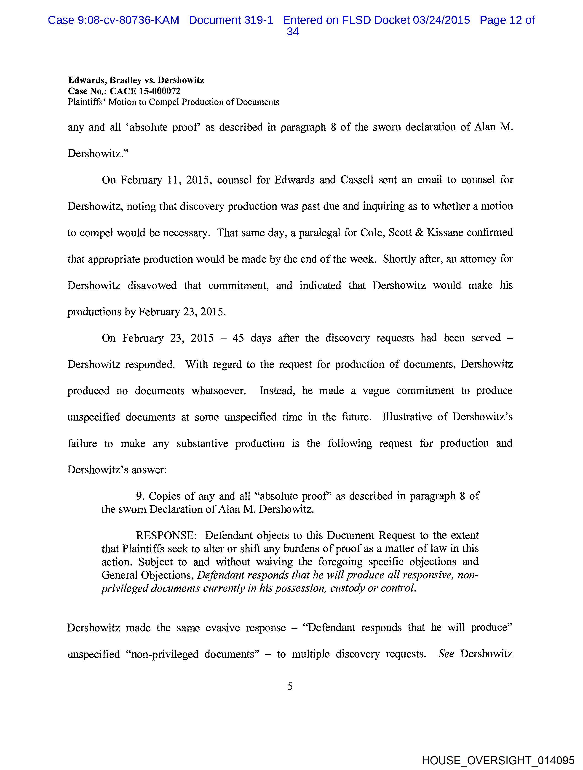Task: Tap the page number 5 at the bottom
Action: coord(290,686)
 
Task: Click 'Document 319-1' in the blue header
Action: coord(231,20)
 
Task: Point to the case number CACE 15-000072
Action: coord(145,91)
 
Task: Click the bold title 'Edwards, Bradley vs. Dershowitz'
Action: coord(136,80)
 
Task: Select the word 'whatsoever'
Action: coord(219,391)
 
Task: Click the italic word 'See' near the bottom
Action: coord(446,654)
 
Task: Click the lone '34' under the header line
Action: coord(293,32)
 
